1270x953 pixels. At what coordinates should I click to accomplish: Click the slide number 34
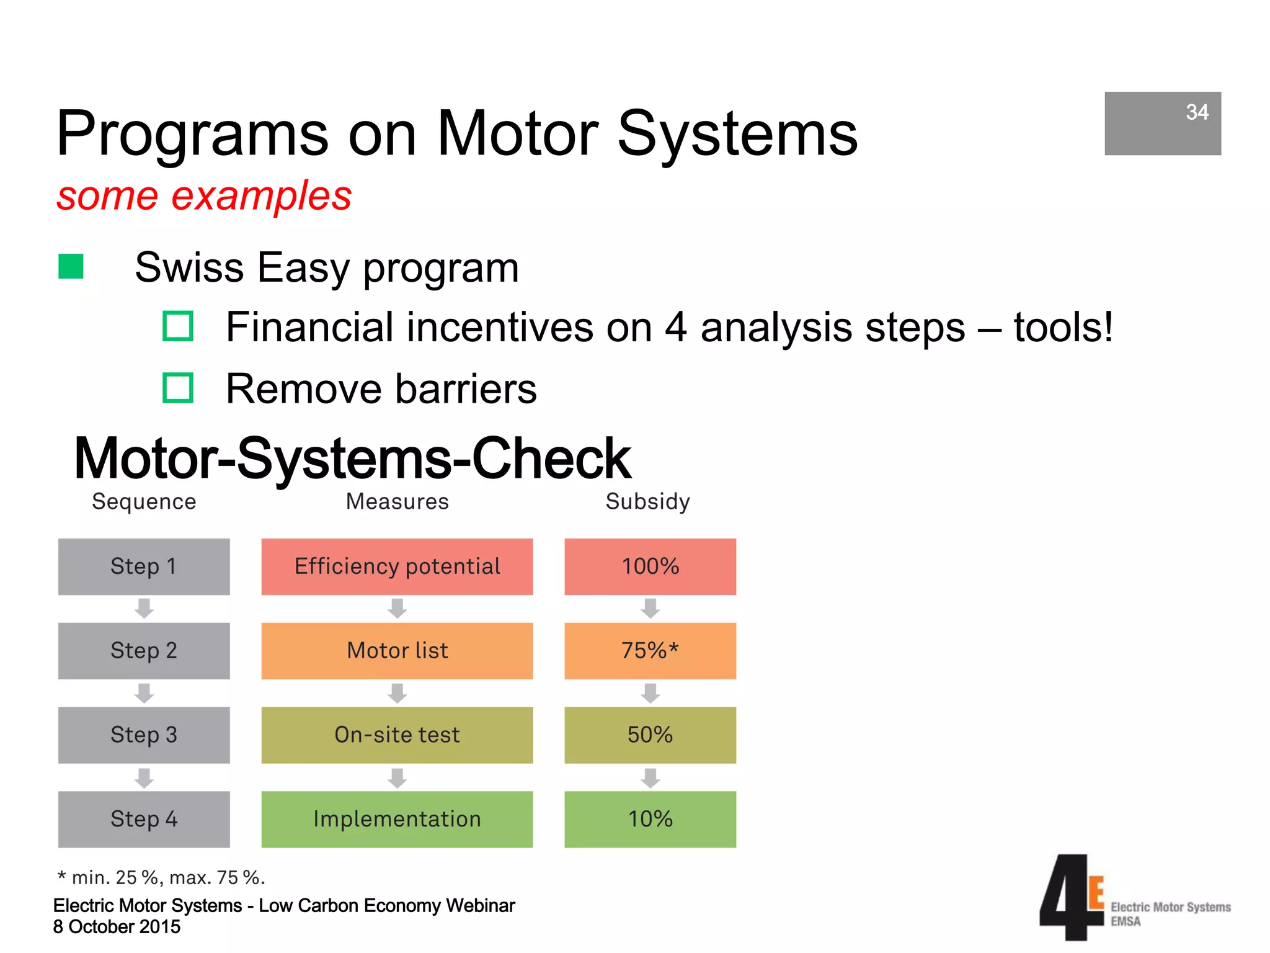point(1196,112)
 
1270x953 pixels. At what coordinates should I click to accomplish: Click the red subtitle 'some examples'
point(204,196)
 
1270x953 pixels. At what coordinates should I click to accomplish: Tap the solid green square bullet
point(71,267)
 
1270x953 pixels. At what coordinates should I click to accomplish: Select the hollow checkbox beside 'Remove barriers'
point(178,388)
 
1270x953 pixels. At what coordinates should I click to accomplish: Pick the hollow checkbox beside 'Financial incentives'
point(178,326)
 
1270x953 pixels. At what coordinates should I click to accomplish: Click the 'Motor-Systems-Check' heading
point(352,459)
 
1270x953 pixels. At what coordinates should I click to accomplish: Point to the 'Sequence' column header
point(144,501)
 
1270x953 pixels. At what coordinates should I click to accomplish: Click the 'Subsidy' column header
point(647,501)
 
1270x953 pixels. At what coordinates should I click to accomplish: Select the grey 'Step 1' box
point(144,566)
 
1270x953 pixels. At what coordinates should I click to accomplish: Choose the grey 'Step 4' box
point(144,819)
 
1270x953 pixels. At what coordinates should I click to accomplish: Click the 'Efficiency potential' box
point(397,566)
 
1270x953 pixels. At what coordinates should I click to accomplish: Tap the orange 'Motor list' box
point(397,651)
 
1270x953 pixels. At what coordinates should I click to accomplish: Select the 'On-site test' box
point(397,735)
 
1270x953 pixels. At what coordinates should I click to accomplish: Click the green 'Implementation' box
point(397,819)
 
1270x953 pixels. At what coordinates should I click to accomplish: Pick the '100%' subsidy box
point(650,566)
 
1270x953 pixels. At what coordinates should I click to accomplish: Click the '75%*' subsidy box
point(650,651)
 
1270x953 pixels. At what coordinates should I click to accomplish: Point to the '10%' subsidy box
point(650,819)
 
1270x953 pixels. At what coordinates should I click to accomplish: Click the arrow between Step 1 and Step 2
point(144,608)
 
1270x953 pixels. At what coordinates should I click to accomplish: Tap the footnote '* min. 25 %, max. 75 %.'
point(161,877)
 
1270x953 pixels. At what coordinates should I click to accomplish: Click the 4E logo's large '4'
point(1063,897)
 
